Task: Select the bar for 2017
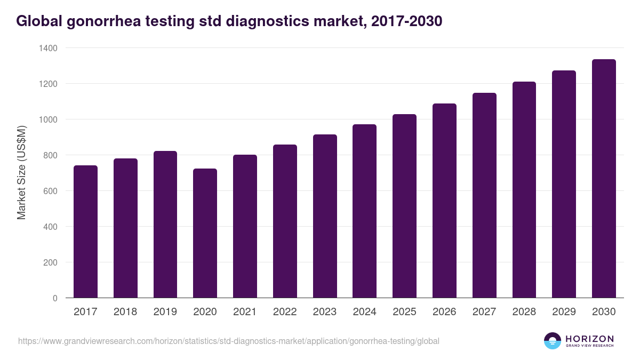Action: tap(85, 231)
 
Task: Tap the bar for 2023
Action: tap(325, 216)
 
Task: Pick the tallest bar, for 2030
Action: tap(604, 179)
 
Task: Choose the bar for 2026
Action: tap(444, 201)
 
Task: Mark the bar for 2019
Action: tap(165, 224)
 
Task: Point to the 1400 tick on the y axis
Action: tap(48, 48)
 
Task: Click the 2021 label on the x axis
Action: tap(245, 312)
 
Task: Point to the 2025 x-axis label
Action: tap(404, 312)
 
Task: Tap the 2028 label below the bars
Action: tap(524, 312)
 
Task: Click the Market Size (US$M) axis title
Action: tap(21, 172)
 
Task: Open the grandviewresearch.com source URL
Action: tap(229, 341)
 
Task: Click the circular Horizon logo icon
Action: tap(553, 341)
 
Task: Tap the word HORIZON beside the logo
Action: tap(589, 338)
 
